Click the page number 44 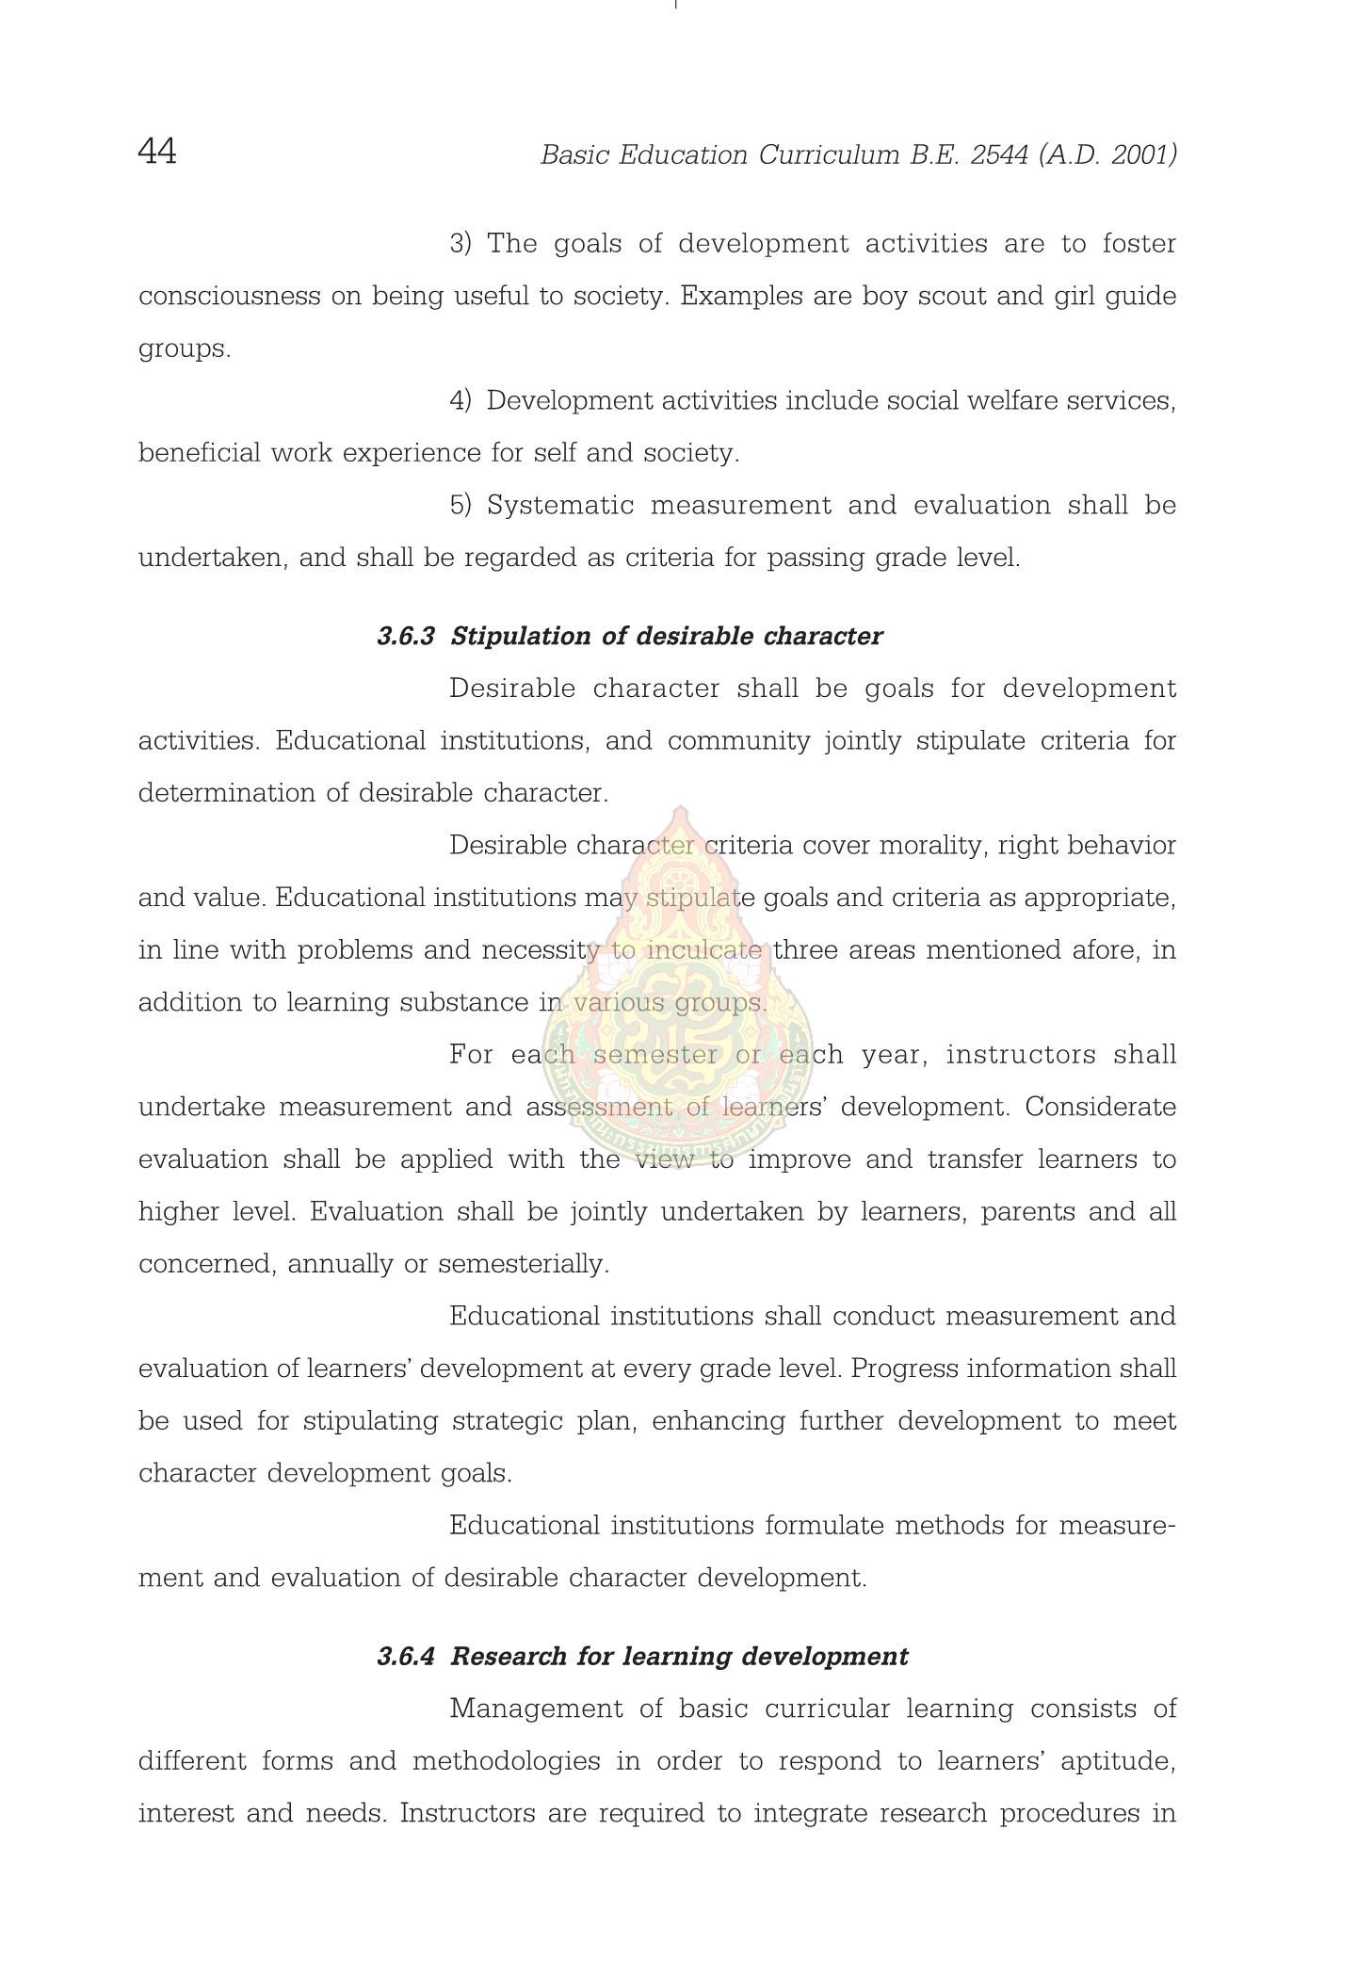coord(157,151)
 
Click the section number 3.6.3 coord(406,636)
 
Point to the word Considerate coord(1100,1107)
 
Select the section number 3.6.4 coord(406,1656)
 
